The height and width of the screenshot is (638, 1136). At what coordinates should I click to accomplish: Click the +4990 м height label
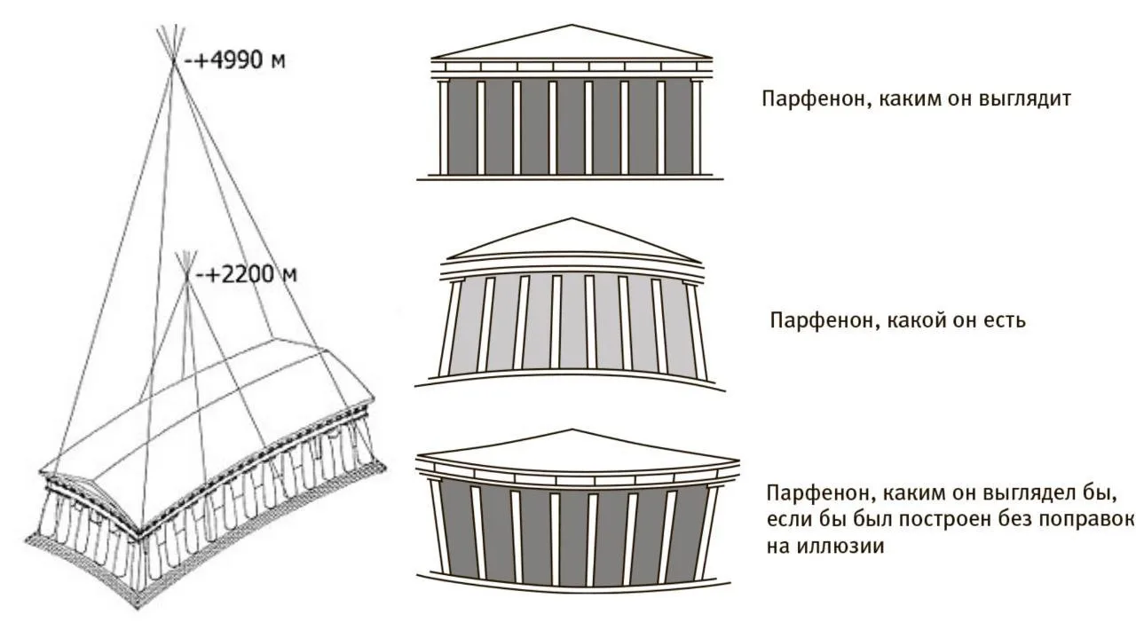tap(235, 60)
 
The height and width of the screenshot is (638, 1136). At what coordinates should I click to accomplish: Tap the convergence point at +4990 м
tap(173, 60)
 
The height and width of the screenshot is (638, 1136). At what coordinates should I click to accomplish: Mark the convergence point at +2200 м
tap(186, 276)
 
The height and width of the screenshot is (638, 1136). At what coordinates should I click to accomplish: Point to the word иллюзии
tap(825, 547)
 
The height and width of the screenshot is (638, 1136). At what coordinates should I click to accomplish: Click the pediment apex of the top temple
tap(572, 25)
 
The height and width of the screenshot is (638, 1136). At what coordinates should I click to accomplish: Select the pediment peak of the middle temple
tap(572, 218)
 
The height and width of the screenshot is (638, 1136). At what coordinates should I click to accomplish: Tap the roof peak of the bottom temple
tap(572, 430)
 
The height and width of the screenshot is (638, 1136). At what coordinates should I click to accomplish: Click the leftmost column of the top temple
tap(443, 127)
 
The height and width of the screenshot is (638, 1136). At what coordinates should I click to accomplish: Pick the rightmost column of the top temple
tap(697, 127)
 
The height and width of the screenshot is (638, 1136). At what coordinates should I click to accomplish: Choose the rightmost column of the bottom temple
tap(710, 532)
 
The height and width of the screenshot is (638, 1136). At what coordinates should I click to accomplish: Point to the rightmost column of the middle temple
tap(695, 331)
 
